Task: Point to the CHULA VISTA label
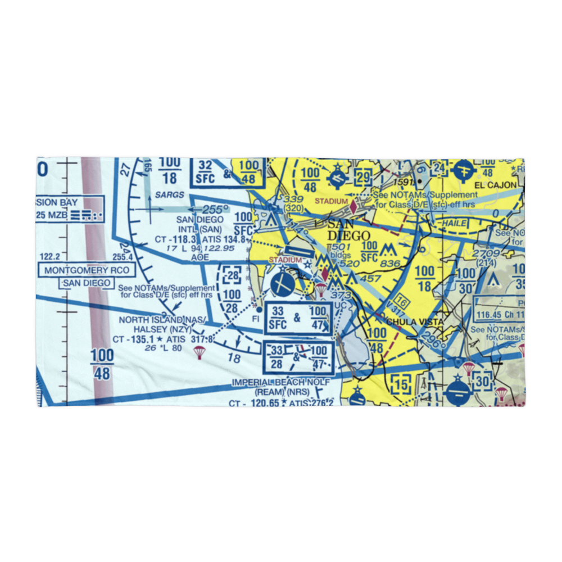tap(415, 322)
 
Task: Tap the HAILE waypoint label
tap(454, 223)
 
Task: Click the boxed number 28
tap(232, 275)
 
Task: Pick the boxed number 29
tap(364, 177)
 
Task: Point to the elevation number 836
tap(389, 264)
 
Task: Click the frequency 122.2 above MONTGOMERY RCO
tap(49, 256)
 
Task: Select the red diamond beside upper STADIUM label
tap(353, 206)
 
